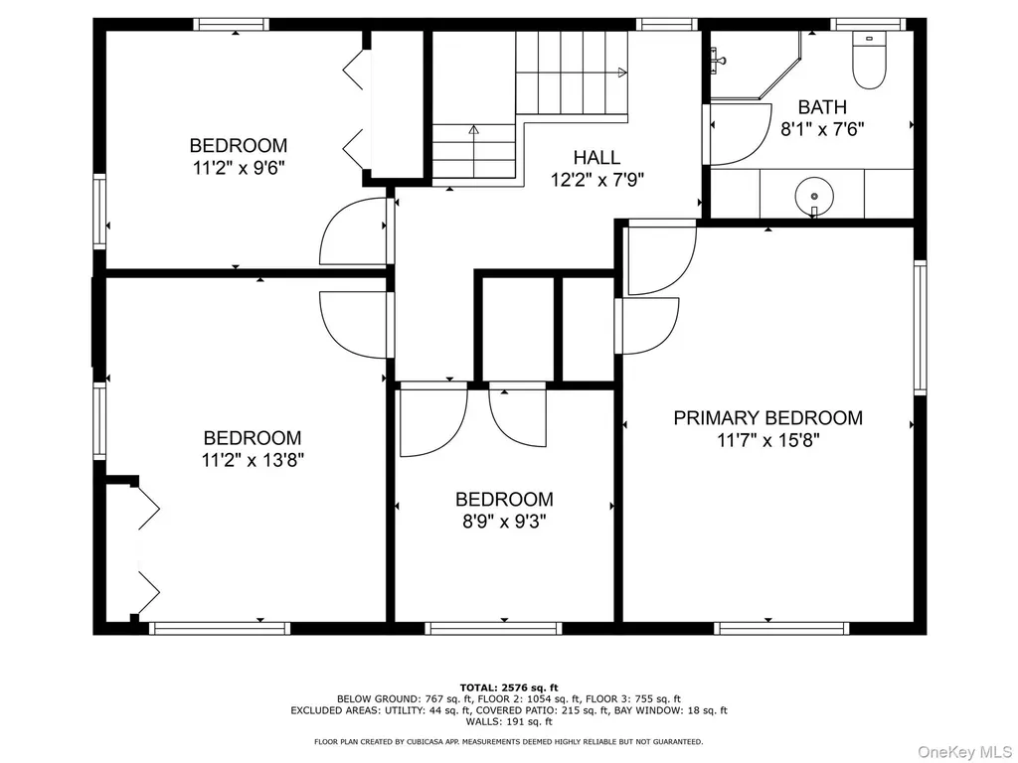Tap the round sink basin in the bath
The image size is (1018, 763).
(x=813, y=195)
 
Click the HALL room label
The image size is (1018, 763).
(x=596, y=157)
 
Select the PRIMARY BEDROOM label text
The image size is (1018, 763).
(x=768, y=418)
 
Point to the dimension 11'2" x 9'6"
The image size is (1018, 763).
(x=239, y=168)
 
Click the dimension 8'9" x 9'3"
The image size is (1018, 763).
(x=504, y=522)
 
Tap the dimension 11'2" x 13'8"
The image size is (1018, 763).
(x=253, y=461)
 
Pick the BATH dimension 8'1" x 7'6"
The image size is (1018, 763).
(x=822, y=129)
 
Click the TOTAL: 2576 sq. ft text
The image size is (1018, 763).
(x=509, y=687)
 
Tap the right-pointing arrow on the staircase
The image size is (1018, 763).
(x=622, y=73)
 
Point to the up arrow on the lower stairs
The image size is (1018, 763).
(x=474, y=130)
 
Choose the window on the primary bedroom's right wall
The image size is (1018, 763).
(x=920, y=328)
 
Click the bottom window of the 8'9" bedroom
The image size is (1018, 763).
(x=493, y=628)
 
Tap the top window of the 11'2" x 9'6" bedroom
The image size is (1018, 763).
(x=231, y=25)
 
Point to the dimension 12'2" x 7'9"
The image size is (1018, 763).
(x=597, y=180)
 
